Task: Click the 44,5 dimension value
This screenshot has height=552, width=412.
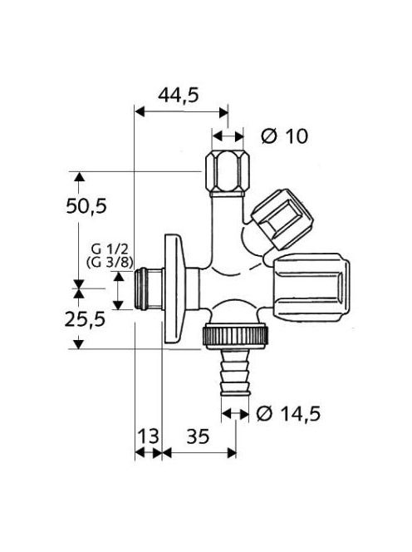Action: [x=178, y=95]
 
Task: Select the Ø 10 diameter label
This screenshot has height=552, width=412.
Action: [x=284, y=136]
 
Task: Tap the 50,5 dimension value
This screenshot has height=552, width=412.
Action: [x=86, y=206]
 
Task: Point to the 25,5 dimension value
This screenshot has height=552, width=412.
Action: [x=86, y=320]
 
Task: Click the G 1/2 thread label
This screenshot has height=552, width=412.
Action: [x=110, y=249]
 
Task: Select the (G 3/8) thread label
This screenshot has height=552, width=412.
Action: [x=110, y=262]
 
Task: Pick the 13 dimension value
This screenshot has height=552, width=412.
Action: [x=148, y=436]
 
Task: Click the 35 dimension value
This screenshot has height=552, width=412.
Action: [x=198, y=436]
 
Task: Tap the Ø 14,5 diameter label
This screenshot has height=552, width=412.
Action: [x=288, y=413]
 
